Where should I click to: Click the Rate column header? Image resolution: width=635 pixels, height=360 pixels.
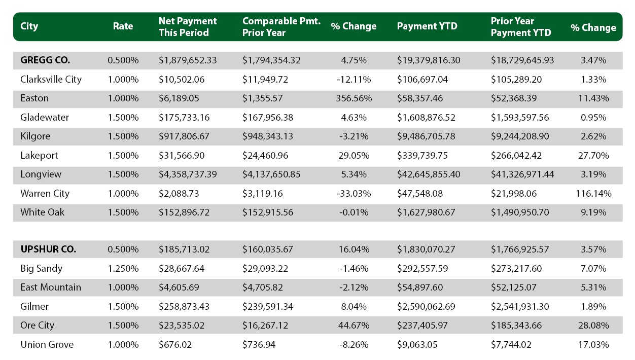click(123, 26)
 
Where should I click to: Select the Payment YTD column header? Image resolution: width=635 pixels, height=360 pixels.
click(427, 26)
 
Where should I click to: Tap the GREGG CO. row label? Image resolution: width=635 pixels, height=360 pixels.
click(45, 60)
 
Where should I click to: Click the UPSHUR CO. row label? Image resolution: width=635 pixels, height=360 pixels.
click(48, 249)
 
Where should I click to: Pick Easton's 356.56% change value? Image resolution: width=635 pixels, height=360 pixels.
click(354, 98)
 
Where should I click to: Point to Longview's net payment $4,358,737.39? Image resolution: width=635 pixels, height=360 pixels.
click(188, 174)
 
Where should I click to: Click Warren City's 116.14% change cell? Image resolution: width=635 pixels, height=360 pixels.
click(593, 194)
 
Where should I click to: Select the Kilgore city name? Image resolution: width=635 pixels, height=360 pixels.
click(35, 136)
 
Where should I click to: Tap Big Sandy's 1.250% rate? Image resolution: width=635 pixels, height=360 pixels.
click(123, 269)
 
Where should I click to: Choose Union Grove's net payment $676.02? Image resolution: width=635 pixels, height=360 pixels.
click(175, 345)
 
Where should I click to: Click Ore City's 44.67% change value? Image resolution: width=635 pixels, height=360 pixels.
click(354, 326)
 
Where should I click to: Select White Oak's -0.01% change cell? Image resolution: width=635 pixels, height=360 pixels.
click(354, 212)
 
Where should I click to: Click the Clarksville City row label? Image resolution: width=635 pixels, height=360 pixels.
click(51, 80)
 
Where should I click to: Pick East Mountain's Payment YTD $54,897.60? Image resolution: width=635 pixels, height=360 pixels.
click(420, 287)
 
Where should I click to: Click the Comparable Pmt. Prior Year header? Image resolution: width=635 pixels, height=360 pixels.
click(281, 26)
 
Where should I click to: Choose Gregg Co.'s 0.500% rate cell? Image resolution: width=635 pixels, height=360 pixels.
click(123, 60)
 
